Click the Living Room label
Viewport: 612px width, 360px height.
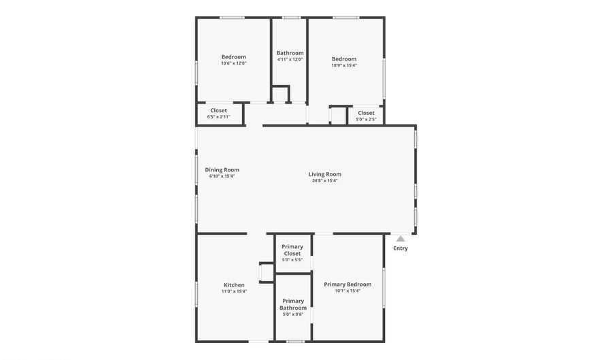tap(324, 174)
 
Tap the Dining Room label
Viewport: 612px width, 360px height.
tap(222, 170)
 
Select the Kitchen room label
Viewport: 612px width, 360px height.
tap(234, 285)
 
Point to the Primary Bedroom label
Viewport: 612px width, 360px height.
tap(347, 284)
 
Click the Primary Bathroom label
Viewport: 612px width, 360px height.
tap(293, 304)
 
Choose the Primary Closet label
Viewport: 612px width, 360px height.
tap(292, 250)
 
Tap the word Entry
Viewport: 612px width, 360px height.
tap(401, 248)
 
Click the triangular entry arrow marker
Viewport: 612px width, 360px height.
tap(401, 238)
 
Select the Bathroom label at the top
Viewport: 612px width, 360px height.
tap(290, 53)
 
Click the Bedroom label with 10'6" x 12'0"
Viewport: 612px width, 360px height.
tap(233, 57)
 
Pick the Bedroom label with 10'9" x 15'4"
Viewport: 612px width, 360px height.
tap(344, 59)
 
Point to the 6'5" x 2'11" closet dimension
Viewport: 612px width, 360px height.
tap(219, 116)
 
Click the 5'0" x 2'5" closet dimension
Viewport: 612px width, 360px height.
tap(366, 119)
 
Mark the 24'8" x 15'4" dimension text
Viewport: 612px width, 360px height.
tap(324, 180)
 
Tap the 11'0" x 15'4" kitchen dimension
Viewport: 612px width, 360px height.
tap(234, 291)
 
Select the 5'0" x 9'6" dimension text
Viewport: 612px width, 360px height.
tap(293, 314)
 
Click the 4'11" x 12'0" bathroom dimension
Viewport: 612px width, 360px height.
tap(290, 59)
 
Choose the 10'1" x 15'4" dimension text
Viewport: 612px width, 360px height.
tap(347, 291)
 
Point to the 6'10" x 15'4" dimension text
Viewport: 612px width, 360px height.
tap(222, 176)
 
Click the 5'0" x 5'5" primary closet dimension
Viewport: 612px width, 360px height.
tap(292, 259)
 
